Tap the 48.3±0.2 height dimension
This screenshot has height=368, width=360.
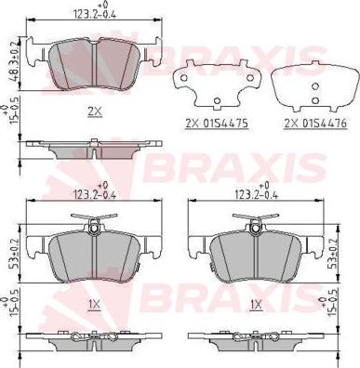click(x=11, y=60)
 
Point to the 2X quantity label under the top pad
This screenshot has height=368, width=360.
click(x=94, y=111)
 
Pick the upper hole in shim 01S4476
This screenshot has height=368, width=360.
click(x=313, y=82)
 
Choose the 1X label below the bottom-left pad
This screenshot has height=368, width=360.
click(x=93, y=304)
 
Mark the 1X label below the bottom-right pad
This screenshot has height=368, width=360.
click(x=255, y=304)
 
